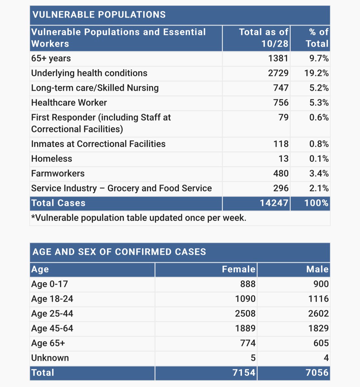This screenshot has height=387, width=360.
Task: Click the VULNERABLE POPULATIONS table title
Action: pyautogui.click(x=99, y=15)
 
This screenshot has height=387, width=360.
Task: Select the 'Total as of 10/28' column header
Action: pyautogui.click(x=264, y=38)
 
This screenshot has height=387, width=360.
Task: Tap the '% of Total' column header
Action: pyautogui.click(x=318, y=38)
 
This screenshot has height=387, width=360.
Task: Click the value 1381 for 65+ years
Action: pyautogui.click(x=278, y=58)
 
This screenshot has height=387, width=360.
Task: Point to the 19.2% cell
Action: pyautogui.click(x=316, y=73)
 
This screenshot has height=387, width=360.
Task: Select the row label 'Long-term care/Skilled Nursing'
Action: pyautogui.click(x=95, y=88)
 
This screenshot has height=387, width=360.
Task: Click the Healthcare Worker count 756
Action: pyautogui.click(x=281, y=103)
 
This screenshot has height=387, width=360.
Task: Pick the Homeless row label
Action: pyautogui.click(x=52, y=159)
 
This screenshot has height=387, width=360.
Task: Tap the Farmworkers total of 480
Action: pyautogui.click(x=281, y=174)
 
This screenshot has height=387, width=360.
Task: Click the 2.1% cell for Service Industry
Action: pyautogui.click(x=319, y=188)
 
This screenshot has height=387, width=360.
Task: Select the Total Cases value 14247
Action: pyautogui.click(x=274, y=203)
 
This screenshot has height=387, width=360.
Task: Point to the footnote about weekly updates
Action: pyautogui.click(x=139, y=218)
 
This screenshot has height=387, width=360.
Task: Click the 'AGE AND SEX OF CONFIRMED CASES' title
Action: pyautogui.click(x=119, y=252)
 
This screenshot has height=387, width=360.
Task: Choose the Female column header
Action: pyautogui.click(x=238, y=269)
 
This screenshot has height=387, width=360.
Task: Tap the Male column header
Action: pyautogui.click(x=317, y=269)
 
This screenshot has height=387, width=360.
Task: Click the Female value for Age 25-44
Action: pyautogui.click(x=245, y=313)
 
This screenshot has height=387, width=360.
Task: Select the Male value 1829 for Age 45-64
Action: pyautogui.click(x=318, y=328)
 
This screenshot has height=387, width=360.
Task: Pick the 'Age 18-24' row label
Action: pyautogui.click(x=52, y=299)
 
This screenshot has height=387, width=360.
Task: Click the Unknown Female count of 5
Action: pyautogui.click(x=253, y=358)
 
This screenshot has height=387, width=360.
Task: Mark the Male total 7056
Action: pyautogui.click(x=317, y=373)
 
